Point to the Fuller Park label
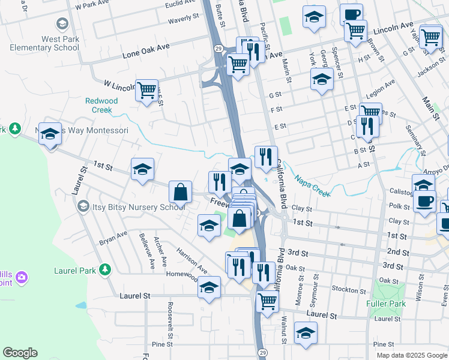[x=385, y=304]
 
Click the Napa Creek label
[x=312, y=184]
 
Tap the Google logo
[x=20, y=353]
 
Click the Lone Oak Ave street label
[x=146, y=51]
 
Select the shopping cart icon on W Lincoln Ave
[x=146, y=91]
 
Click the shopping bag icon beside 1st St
[x=180, y=193]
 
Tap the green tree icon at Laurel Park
[x=106, y=270]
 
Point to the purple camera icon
[x=22, y=277]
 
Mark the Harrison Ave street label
[x=191, y=257]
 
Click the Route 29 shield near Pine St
[x=262, y=353]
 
